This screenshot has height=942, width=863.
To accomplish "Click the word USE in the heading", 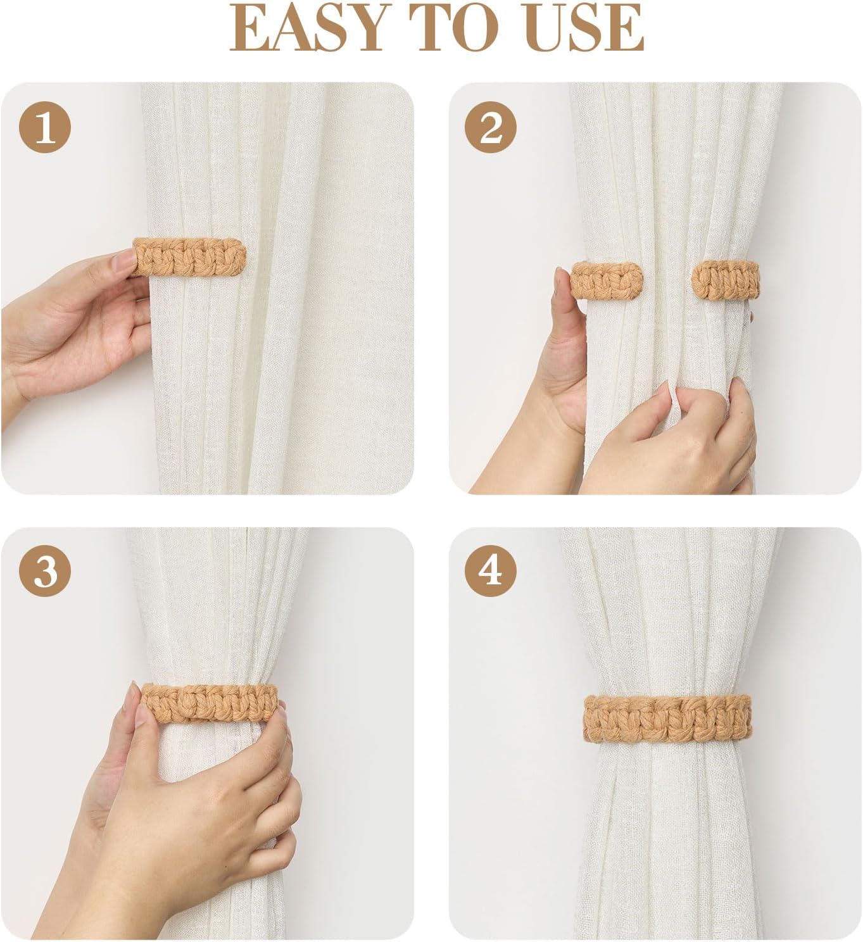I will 586,28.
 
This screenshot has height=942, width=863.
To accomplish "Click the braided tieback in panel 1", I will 190,257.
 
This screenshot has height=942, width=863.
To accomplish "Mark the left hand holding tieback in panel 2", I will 564,355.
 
